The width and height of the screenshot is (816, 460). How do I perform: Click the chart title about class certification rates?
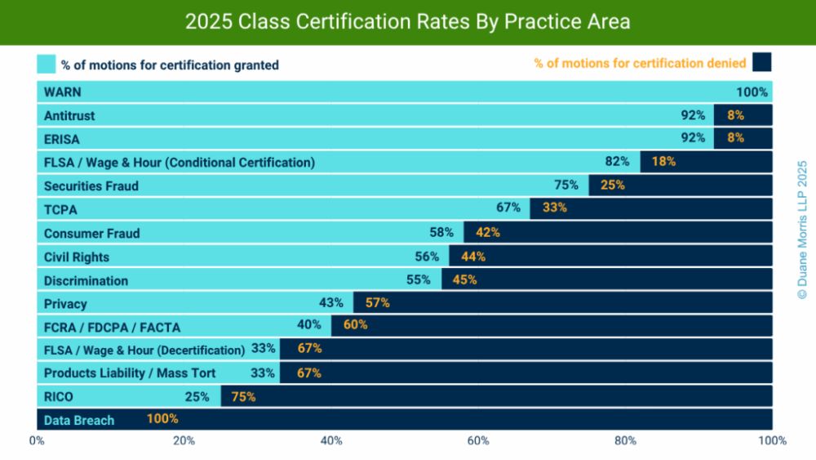[407, 22]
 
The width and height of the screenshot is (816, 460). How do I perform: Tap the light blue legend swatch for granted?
[46, 64]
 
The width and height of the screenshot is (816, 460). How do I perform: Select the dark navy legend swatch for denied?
[762, 62]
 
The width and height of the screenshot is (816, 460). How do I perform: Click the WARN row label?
[63, 92]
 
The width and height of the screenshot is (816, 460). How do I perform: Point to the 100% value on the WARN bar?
[752, 92]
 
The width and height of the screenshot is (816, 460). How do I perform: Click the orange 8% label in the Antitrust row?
[735, 115]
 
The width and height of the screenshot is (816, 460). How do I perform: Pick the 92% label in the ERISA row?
[693, 138]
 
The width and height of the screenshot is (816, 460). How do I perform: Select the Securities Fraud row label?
[91, 185]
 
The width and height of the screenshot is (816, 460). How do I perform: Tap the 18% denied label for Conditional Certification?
[663, 162]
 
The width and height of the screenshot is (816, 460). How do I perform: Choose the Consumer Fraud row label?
[92, 233]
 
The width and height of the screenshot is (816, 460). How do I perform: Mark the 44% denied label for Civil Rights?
[473, 257]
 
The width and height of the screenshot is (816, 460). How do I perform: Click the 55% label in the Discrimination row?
[418, 279]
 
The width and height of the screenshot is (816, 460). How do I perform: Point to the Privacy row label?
[65, 304]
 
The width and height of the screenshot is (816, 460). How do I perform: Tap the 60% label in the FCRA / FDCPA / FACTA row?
[355, 324]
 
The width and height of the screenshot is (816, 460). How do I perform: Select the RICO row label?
[59, 397]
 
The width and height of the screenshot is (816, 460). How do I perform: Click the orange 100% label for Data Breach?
[162, 419]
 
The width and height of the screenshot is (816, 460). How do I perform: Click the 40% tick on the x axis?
[331, 441]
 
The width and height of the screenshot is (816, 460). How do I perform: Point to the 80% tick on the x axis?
[625, 441]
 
